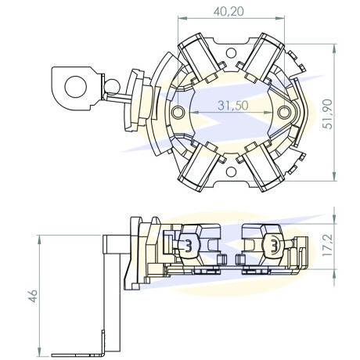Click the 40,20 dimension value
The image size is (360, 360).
tap(229, 11)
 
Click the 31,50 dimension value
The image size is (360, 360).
tap(233, 106)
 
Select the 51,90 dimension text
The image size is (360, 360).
tap(327, 114)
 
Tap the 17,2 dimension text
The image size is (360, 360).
tap(327, 245)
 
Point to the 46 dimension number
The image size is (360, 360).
tap(33, 296)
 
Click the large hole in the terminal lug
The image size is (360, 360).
tap(76, 87)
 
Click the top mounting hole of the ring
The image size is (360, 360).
tap(231, 53)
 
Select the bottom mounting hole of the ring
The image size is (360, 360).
tap(231, 172)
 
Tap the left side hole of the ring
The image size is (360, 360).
tap(178, 113)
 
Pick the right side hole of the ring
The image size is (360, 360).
tap(284, 113)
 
